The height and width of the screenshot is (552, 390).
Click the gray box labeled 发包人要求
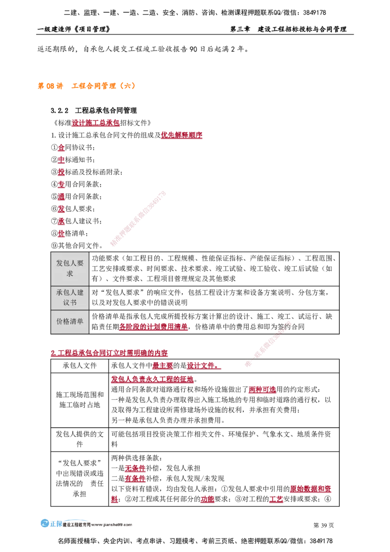point(70,268)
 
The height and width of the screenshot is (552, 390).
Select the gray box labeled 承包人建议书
point(70,297)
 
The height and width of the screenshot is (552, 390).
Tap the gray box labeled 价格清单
point(70,322)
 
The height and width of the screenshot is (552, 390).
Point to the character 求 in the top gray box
point(70,274)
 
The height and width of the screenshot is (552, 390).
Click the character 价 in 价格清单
point(59,322)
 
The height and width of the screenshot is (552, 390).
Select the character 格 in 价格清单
point(66,322)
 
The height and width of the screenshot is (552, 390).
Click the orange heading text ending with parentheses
point(103,86)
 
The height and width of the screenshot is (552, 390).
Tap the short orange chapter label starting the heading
point(50,86)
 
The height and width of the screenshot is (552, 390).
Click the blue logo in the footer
point(45,523)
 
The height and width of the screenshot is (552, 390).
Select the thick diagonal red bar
point(138,218)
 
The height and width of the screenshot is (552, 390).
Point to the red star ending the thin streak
point(248,364)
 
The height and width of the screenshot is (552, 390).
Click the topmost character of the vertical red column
point(61,147)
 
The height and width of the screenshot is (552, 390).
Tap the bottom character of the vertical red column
point(61,234)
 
